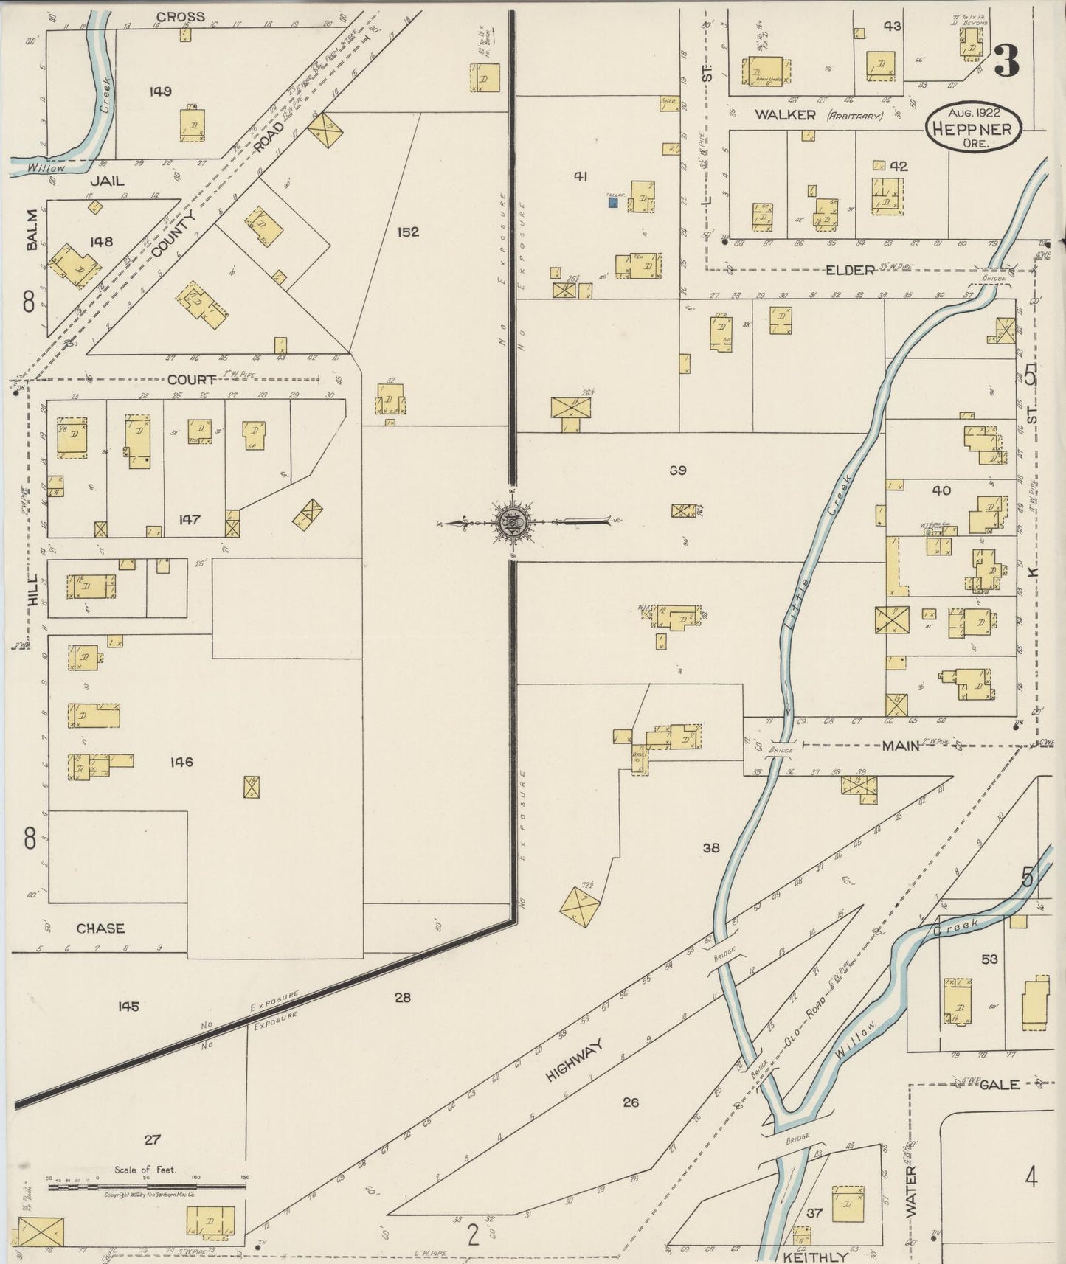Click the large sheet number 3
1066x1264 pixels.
coord(1007,60)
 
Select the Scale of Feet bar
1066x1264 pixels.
coord(146,1187)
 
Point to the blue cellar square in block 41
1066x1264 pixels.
coord(612,201)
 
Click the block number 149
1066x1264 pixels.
coord(160,91)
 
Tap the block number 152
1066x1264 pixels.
coord(408,232)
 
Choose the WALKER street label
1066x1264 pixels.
coord(784,115)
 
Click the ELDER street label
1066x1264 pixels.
coord(850,271)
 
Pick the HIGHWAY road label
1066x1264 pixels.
coord(575,1060)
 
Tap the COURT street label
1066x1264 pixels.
coord(192,380)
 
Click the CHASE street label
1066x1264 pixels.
coord(100,928)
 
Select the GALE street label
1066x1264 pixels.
coord(1000,1085)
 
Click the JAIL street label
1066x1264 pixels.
coord(108,181)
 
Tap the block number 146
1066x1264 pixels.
coord(181,762)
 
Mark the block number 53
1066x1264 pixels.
coord(989,959)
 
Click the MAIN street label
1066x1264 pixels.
coord(901,746)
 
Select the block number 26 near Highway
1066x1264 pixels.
coord(630,1102)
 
